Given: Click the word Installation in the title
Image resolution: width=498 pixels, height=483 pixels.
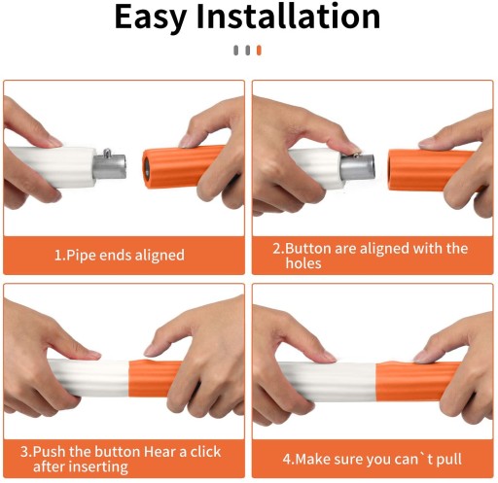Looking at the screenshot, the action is point(288,16).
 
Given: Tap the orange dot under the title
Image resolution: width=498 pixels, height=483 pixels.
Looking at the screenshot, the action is point(259,51).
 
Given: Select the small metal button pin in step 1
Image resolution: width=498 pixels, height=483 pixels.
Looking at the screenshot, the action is point(107,152).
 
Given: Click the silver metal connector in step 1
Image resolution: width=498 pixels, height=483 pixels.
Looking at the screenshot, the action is point(110,166).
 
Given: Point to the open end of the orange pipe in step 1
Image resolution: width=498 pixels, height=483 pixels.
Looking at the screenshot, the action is point(146,168).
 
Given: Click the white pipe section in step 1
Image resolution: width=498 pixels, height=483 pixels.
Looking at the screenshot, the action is point(52,167).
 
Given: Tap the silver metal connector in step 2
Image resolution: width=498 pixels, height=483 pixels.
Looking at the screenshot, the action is point(358,167).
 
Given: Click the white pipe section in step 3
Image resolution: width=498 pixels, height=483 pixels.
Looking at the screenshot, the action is point(89,378).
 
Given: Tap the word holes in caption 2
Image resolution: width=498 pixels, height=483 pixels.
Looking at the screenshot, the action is point(303,263).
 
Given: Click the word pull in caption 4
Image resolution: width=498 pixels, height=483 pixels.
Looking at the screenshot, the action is point(449,460).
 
